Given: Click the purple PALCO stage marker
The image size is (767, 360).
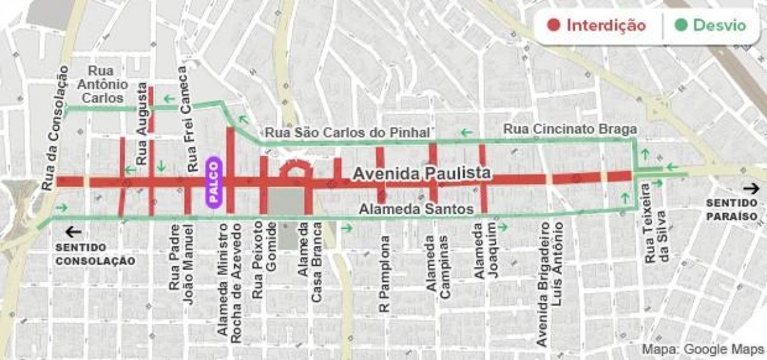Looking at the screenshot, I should coord(213,182).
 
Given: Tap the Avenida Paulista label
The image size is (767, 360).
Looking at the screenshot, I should coord(422,173).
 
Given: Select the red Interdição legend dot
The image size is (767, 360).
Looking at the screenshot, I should coord(554,26).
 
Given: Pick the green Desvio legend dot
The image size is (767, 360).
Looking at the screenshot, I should coord(681,26).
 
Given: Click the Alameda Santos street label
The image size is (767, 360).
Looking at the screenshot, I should coord(415,209).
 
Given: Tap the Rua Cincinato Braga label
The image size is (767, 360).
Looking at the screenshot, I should coord(570,129).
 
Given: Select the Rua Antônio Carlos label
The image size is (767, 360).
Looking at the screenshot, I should coord(103,84).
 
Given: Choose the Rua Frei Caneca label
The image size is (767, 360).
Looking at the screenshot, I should coord(187,118).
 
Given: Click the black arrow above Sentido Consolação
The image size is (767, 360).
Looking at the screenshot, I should coord(74,232).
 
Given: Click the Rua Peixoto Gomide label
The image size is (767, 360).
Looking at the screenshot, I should coord(265,260).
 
